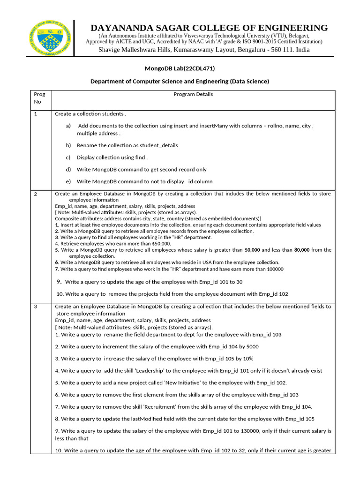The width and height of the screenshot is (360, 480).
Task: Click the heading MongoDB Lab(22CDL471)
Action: (180, 68)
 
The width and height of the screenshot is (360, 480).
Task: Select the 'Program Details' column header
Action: (193, 94)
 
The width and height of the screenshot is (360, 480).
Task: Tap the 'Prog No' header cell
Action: (40, 97)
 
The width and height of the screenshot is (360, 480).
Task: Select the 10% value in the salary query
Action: (247, 359)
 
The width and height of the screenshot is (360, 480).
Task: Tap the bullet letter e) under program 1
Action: (68, 181)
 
